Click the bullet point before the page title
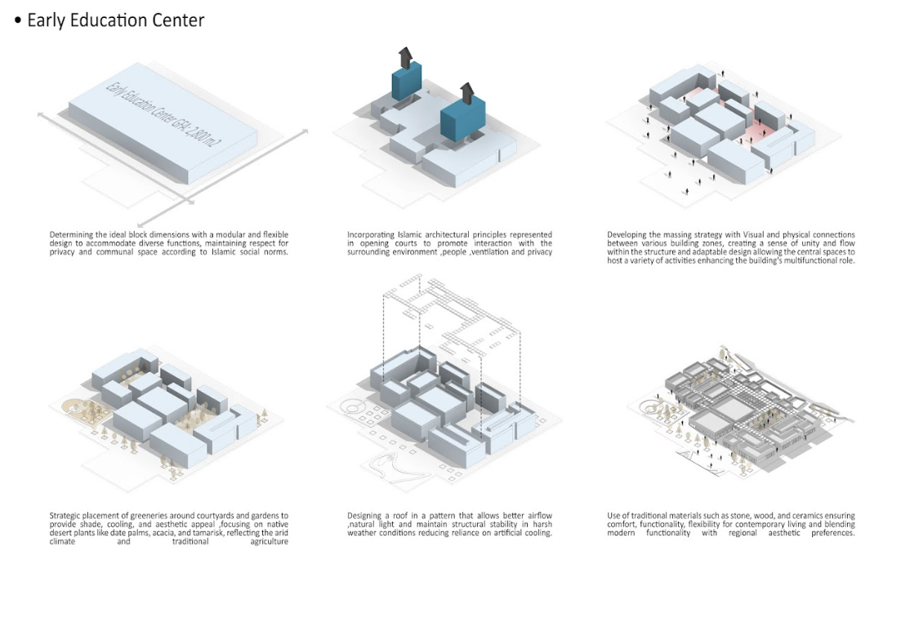tap(18, 21)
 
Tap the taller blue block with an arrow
tap(405, 81)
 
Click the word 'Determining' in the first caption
tap(71, 235)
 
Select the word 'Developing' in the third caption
tap(627, 235)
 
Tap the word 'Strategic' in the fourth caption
tap(67, 516)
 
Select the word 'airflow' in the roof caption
tap(537, 516)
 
